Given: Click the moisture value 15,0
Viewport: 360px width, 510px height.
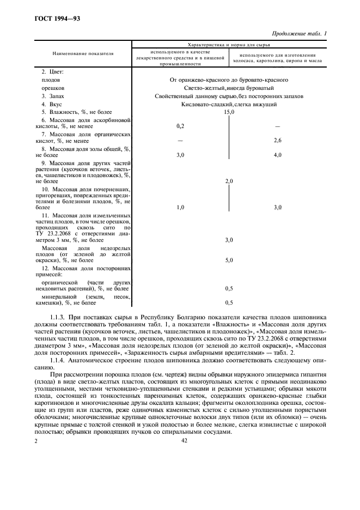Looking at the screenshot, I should pyautogui.click(x=229, y=112).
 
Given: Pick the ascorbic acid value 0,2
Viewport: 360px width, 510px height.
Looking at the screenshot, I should pyautogui.click(x=180, y=126).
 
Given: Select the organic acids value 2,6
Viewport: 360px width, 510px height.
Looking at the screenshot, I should pyautogui.click(x=277, y=141).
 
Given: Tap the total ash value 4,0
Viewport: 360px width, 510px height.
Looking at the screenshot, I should pyautogui.click(x=277, y=155).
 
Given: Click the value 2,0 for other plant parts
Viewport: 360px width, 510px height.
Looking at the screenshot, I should pyautogui.click(x=229, y=181).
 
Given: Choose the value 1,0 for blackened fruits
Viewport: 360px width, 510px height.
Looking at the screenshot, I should pyautogui.click(x=180, y=207).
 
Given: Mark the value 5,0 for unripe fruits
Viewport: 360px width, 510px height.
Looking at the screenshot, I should pyautogui.click(x=229, y=260).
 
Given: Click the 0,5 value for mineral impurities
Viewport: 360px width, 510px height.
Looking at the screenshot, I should pyautogui.click(x=229, y=302).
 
